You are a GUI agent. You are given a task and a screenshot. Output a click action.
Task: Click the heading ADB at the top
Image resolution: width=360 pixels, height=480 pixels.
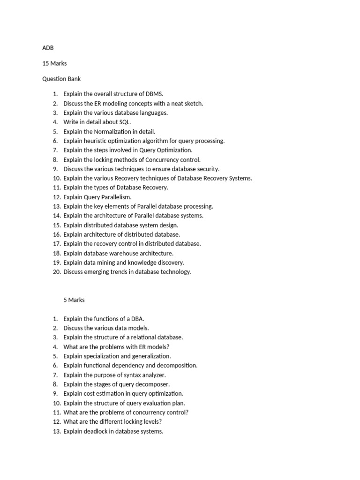pos(48,47)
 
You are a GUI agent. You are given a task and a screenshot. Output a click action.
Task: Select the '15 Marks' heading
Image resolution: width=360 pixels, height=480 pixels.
pos(54,63)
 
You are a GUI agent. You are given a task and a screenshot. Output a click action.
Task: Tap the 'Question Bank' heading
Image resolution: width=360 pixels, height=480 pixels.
pos(61,79)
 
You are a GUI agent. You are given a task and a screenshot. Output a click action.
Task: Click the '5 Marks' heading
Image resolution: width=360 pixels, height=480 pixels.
pos(74,300)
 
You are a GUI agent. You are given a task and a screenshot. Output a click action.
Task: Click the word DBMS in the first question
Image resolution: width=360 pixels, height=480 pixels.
pos(154,94)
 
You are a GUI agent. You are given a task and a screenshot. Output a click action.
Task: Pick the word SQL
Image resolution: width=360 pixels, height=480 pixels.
pos(124,122)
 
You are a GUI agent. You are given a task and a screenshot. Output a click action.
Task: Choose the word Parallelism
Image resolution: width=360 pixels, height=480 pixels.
pos(116,197)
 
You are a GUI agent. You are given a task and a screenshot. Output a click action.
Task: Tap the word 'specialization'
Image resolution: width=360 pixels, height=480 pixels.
pos(102,356)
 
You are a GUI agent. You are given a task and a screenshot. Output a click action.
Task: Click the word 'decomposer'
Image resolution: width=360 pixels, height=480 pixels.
pos(154,384)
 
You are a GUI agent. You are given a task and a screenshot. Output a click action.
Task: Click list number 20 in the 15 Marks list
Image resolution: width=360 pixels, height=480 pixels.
pos(57,272)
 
